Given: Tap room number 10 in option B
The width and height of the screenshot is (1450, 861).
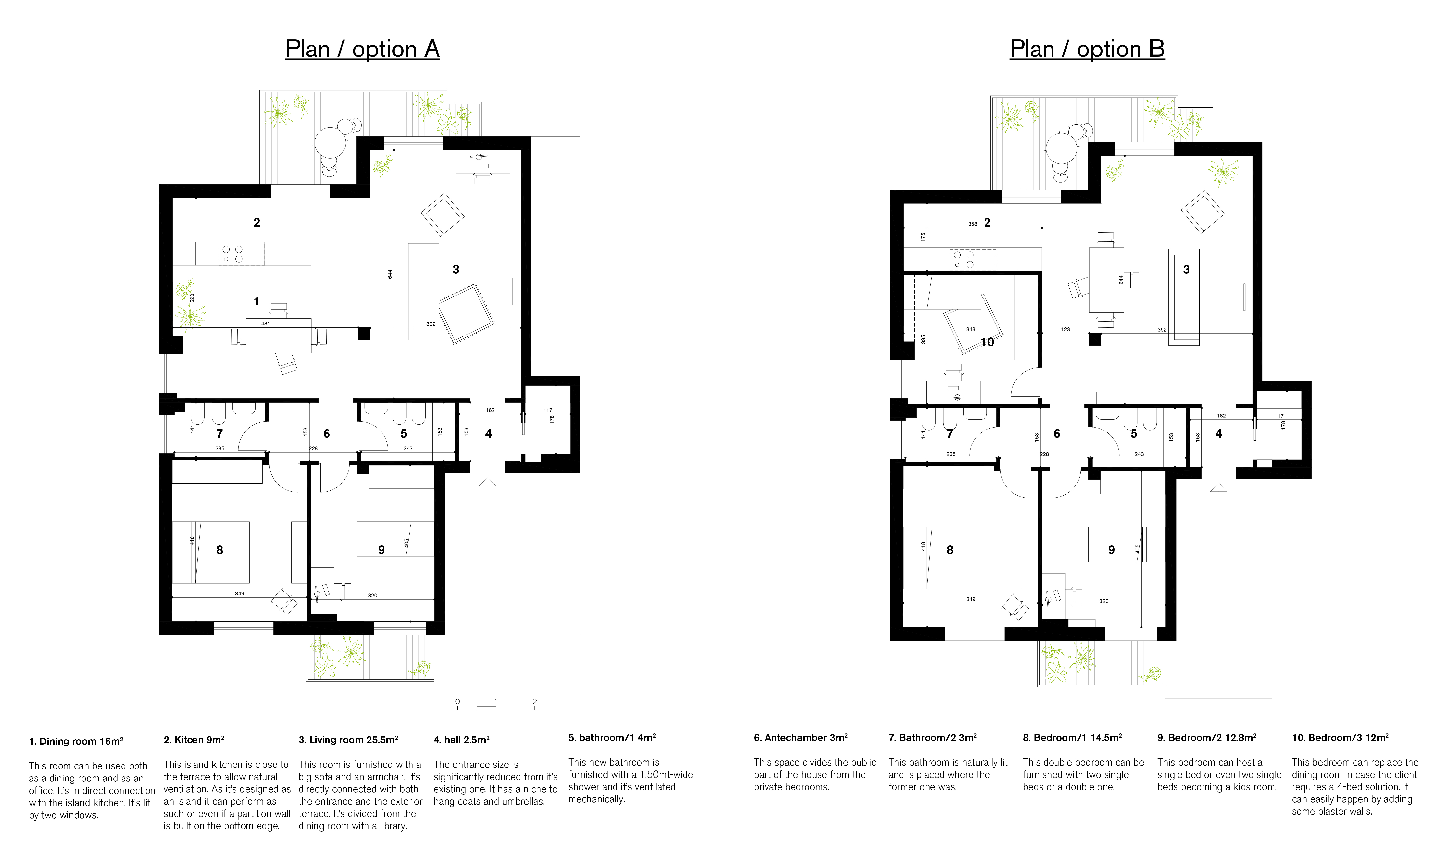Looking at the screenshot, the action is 987,342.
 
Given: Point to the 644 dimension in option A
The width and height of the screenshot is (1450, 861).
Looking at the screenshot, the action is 390,274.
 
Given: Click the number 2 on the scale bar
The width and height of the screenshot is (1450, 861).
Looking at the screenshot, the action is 534,701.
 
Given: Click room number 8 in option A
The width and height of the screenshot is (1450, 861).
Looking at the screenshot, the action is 219,550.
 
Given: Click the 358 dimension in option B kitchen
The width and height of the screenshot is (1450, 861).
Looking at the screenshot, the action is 972,224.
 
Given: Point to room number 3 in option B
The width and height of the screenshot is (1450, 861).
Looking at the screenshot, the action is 1186,270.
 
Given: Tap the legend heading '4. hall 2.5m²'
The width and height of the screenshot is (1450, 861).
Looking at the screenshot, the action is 461,740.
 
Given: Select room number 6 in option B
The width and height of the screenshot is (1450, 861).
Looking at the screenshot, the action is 1057,434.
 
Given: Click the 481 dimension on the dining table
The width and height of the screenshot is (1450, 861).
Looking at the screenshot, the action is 266,324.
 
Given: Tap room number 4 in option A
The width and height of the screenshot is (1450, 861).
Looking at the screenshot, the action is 489,434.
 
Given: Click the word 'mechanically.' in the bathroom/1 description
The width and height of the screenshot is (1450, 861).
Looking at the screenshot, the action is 597,799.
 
